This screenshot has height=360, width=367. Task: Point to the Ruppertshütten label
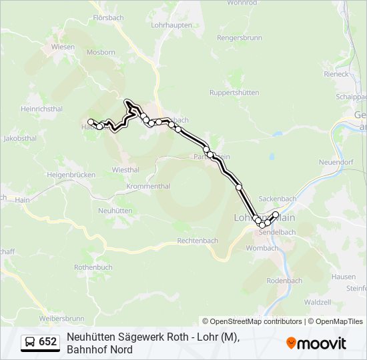[234, 93]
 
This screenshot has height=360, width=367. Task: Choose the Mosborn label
[101, 51]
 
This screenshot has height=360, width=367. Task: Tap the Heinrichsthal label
[41, 108]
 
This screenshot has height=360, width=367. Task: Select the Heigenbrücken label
[71, 174]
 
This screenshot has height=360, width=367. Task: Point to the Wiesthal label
[125, 169]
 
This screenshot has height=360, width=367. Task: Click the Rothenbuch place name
[93, 267]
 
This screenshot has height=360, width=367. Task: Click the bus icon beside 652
[30, 342]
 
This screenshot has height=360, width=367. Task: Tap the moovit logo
[316, 343]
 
